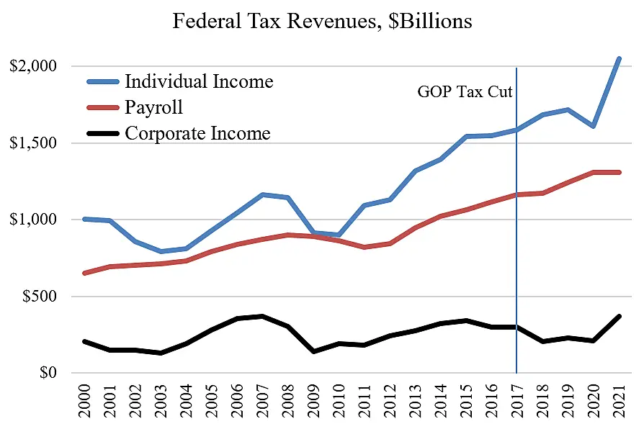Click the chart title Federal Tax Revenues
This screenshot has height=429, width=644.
point(322,22)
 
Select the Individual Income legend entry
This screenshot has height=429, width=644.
point(199,81)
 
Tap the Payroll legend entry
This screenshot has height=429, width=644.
point(154,107)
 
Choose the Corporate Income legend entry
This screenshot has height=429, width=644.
point(197,133)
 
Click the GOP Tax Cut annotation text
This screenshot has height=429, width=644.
point(465,92)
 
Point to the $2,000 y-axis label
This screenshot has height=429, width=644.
point(33,66)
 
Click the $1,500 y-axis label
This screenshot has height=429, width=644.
point(33,143)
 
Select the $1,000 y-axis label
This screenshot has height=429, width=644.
point(33,220)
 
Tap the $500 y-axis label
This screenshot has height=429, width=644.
point(39,297)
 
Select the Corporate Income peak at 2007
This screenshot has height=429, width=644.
point(262,316)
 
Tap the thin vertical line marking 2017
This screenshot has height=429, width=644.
point(517,252)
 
